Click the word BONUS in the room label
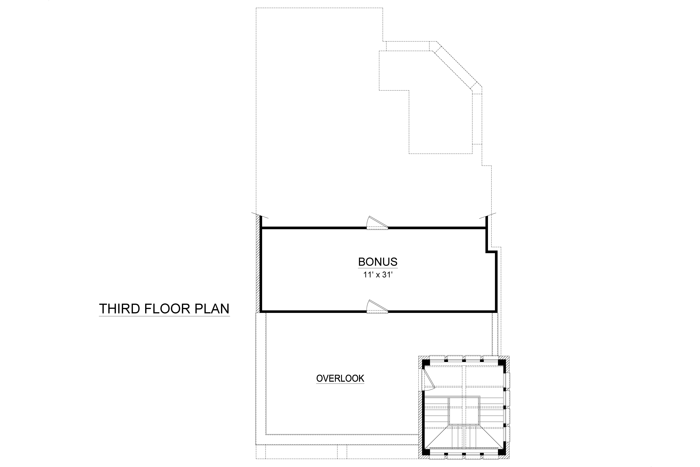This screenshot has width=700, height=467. [377, 262]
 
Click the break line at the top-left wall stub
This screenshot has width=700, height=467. [260, 216]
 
